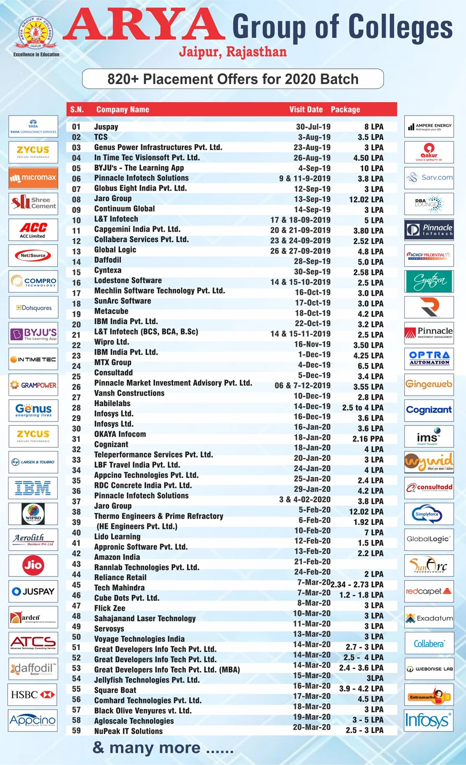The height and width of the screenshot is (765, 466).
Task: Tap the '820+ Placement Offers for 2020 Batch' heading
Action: point(233,79)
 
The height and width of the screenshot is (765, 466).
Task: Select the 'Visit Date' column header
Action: point(306,109)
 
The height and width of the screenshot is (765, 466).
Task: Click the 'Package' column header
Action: point(345,109)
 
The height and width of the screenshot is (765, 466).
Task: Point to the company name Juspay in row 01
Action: point(106,127)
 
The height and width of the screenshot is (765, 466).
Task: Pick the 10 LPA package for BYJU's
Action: point(371,168)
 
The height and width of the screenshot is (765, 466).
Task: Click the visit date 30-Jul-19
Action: point(313,127)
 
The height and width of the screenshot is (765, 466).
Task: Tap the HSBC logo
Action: point(33,695)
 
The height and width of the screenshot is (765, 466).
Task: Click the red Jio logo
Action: point(33,565)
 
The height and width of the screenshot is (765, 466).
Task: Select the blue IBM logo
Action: point(33,488)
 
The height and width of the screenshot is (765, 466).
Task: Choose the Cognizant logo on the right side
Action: point(429,410)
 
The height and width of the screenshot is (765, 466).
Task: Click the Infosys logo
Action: point(429,721)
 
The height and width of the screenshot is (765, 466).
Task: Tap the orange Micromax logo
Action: point(33,178)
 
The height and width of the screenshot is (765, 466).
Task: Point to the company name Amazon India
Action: point(117,557)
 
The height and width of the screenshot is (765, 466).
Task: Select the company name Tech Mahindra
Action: point(119,588)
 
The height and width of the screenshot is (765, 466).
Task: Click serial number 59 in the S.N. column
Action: point(76,731)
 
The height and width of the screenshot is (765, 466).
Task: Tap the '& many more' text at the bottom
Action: point(163,748)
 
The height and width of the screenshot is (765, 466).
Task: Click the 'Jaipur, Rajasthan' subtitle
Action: point(233,52)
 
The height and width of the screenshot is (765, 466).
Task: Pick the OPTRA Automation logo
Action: point(429,358)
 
